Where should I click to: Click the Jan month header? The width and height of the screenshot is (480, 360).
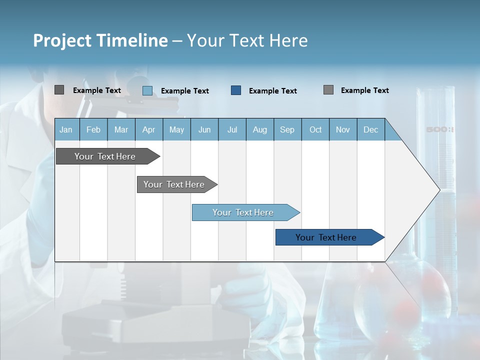(66, 129)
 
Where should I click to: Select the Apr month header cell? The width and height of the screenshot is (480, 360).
(149, 129)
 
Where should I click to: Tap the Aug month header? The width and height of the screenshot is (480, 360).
(260, 129)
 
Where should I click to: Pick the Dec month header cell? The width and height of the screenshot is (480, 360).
(371, 129)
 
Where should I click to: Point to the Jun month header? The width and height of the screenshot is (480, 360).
(204, 129)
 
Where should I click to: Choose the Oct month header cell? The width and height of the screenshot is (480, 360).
(315, 129)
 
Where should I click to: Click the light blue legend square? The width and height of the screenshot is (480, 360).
(147, 90)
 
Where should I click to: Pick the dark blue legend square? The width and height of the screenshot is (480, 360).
(236, 90)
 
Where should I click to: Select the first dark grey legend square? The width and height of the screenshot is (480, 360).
(59, 90)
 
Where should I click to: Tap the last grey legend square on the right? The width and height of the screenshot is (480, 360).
(328, 90)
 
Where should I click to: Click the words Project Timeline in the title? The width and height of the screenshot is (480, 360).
(100, 40)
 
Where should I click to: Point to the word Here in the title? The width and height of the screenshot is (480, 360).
(288, 40)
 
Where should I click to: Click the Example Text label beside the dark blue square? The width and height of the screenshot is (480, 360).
(273, 91)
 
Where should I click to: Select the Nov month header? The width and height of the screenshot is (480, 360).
(343, 129)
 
